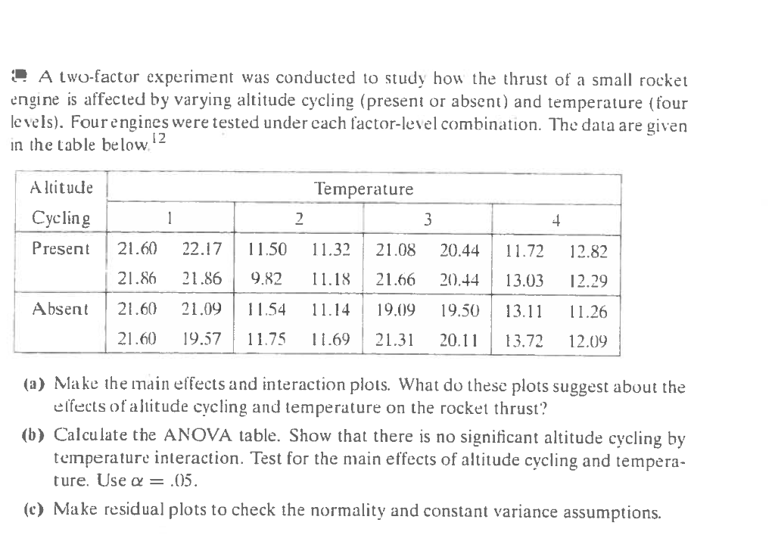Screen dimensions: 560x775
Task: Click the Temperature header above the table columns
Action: [364, 189]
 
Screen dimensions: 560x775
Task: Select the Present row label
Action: [61, 249]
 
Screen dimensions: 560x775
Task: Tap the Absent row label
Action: [61, 309]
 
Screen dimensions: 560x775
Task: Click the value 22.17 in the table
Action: [201, 249]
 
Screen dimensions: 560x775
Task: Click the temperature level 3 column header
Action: [428, 219]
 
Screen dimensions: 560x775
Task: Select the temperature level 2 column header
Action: [299, 219]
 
